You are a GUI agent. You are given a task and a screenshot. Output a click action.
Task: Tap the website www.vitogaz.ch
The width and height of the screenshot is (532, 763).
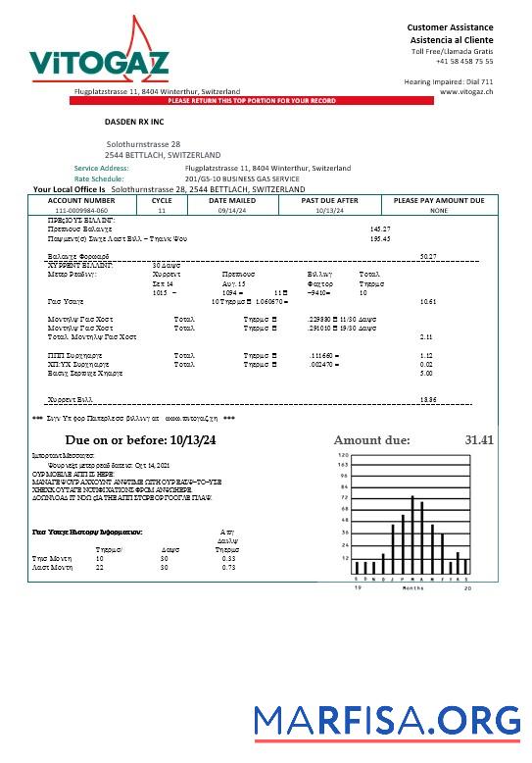(x=466, y=91)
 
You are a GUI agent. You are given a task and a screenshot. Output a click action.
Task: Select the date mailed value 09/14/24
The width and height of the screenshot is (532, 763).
(x=231, y=210)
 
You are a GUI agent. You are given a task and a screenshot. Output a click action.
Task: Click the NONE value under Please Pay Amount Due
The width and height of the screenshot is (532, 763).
(x=438, y=210)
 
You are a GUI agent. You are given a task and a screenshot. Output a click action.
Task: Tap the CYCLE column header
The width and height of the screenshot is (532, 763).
(x=162, y=200)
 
